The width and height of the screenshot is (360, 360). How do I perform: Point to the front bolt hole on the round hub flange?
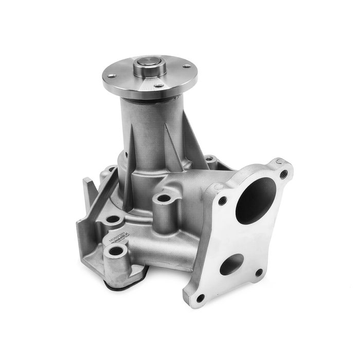pos(159,86)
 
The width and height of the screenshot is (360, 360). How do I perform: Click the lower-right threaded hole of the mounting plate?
pos(259,272)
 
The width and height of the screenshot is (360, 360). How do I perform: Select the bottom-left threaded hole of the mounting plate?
pos(200,298)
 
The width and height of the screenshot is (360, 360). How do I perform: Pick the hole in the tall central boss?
pos(164,197)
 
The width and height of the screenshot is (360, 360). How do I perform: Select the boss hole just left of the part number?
pos(112,220)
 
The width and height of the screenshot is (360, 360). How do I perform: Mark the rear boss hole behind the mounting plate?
pos(209,159)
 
